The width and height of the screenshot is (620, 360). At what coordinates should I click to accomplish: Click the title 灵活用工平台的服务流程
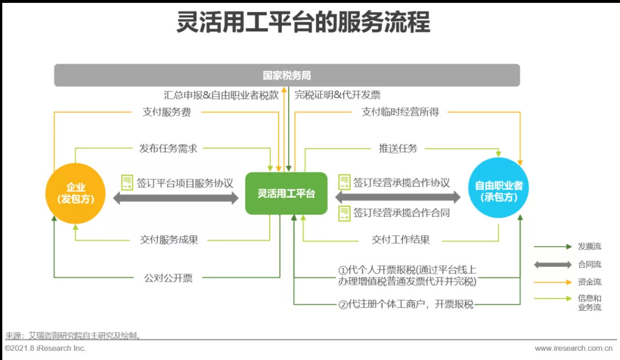[303, 24]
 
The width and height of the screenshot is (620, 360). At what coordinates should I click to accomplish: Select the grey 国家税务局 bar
[286, 75]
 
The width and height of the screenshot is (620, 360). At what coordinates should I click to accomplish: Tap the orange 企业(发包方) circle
[76, 193]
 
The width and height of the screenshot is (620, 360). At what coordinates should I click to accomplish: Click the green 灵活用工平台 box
[286, 193]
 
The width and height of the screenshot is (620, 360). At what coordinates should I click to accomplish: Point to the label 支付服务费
[166, 113]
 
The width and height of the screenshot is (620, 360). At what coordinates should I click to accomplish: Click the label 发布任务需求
[168, 148]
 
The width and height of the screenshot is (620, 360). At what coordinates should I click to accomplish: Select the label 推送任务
[398, 148]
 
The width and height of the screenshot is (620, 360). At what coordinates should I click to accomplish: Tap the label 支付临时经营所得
[400, 113]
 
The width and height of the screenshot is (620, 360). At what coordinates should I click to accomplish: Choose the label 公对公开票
[168, 278]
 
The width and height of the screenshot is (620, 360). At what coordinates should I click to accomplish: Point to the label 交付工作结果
[401, 240]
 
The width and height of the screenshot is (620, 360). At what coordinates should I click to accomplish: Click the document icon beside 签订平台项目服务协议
[127, 183]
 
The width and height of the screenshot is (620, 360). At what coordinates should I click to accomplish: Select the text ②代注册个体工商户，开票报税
[406, 304]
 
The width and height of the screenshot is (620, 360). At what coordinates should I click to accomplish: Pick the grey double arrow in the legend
[552, 265]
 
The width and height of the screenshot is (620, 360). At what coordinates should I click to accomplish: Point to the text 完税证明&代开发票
[338, 95]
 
